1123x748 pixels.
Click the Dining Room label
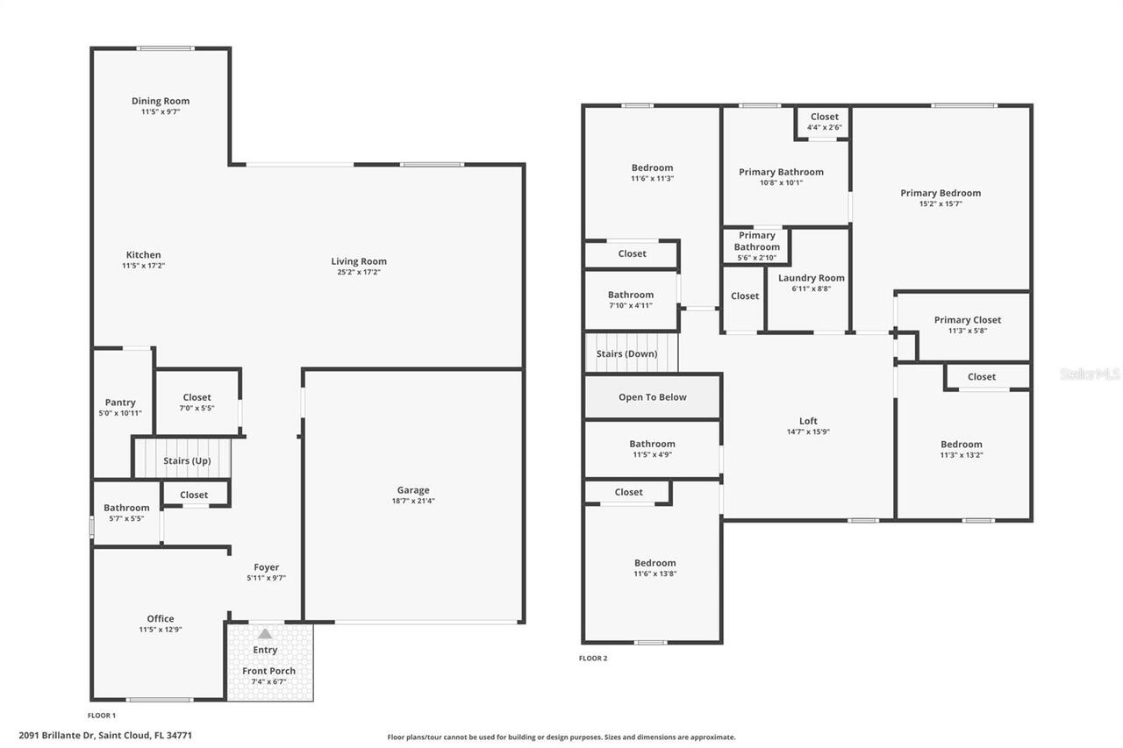(x=161, y=101)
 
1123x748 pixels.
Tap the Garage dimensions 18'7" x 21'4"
(x=413, y=502)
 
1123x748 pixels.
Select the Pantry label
(x=120, y=402)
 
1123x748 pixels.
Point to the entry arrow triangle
(x=265, y=633)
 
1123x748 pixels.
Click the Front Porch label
(x=268, y=671)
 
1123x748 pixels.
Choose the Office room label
(x=161, y=618)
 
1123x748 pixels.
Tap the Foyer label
(x=267, y=567)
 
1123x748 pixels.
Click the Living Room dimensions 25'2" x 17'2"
(x=359, y=273)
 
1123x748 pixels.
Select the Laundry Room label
(x=812, y=278)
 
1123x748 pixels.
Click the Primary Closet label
(x=967, y=320)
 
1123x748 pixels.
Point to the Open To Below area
(x=653, y=397)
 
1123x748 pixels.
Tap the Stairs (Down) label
(x=626, y=354)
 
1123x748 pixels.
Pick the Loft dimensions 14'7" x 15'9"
(x=808, y=432)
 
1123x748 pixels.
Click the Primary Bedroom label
(x=941, y=193)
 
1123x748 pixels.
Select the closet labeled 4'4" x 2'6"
(x=824, y=122)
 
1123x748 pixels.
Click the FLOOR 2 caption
(x=593, y=659)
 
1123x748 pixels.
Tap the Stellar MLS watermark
(x=1091, y=374)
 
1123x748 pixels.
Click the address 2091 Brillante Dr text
(x=105, y=736)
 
